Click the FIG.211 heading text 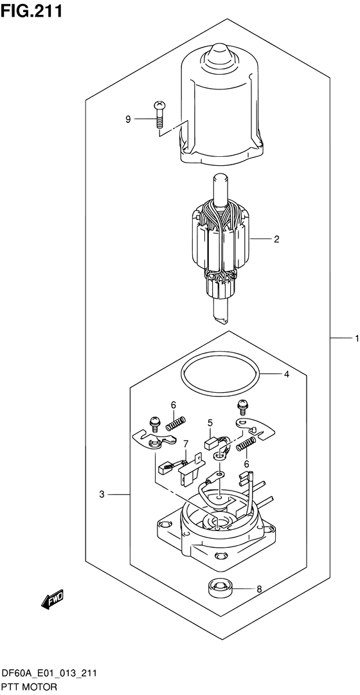point(31,10)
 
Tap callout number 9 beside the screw point(128,119)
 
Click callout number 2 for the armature point(276,239)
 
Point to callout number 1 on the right point(356,339)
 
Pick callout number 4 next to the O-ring point(287,375)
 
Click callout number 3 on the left point(102,494)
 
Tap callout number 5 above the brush point(211,423)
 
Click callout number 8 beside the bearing point(259,589)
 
